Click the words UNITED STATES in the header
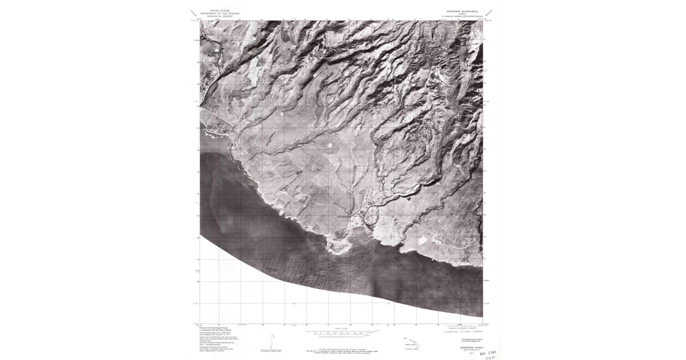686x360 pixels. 216,10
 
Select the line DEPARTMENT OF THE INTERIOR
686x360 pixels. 216,13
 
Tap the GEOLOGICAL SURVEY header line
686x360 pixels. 216,16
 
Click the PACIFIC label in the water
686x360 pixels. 273,268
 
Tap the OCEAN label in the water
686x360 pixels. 318,275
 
